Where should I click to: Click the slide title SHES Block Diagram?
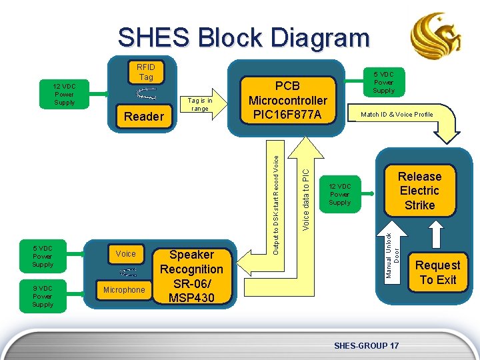(243, 37)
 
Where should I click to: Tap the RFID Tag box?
(146, 72)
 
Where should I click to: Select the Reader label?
(144, 117)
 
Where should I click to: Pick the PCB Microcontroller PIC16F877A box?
(287, 100)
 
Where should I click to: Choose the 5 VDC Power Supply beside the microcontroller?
(383, 82)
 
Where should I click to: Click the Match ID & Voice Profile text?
(397, 115)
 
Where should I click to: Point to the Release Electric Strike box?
(419, 191)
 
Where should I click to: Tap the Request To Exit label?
(438, 272)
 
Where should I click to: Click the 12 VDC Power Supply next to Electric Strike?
(339, 194)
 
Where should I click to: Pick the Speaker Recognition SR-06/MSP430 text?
(191, 276)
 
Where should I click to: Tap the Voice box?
(125, 253)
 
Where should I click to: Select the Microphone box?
(124, 290)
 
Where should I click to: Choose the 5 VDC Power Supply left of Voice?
(42, 256)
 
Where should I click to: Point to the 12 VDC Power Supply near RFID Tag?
(65, 94)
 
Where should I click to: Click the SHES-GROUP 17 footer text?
(366, 345)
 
